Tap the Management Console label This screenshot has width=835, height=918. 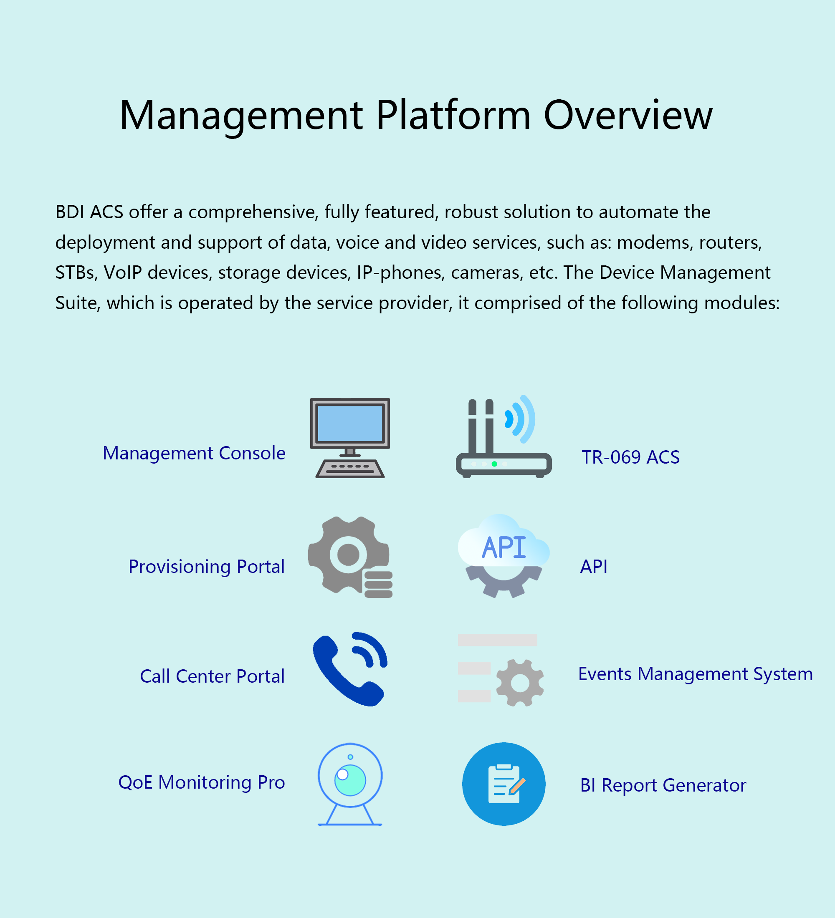(x=194, y=453)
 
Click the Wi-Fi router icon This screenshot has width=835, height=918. (x=504, y=436)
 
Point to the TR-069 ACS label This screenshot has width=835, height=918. (x=630, y=457)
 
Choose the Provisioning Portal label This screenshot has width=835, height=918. (x=206, y=567)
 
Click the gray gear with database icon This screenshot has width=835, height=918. (x=350, y=557)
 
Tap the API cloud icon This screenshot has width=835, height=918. (x=504, y=556)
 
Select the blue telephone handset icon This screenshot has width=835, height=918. (x=350, y=669)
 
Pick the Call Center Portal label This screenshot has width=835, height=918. (x=212, y=677)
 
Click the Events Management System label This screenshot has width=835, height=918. (x=696, y=674)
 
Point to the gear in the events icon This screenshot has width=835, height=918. (x=520, y=683)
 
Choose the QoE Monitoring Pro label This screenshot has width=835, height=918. (x=202, y=783)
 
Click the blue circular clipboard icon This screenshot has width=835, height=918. (x=504, y=784)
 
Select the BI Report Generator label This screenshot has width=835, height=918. (x=663, y=785)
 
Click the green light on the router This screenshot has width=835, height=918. (x=494, y=464)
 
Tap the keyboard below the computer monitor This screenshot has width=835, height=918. (x=350, y=469)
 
